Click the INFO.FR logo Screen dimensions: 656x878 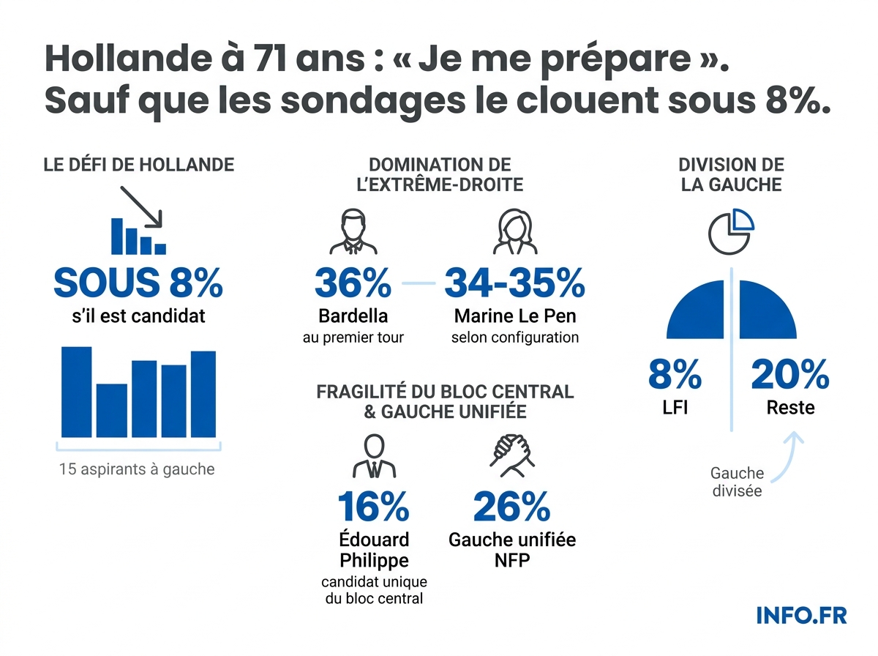click(x=802, y=615)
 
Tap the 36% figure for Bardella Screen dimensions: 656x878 click(x=353, y=283)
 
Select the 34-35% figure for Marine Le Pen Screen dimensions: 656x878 click(x=514, y=283)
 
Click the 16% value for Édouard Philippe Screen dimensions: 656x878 click(x=373, y=507)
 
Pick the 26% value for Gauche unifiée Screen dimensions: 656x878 click(x=511, y=507)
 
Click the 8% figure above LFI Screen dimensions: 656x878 click(x=675, y=375)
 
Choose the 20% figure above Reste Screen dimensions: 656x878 click(x=790, y=375)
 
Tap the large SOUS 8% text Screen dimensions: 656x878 click(x=138, y=283)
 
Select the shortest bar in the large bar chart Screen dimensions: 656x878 click(x=112, y=410)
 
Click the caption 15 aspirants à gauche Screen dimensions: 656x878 click(x=137, y=469)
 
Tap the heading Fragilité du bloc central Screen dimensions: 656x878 click(x=444, y=392)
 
